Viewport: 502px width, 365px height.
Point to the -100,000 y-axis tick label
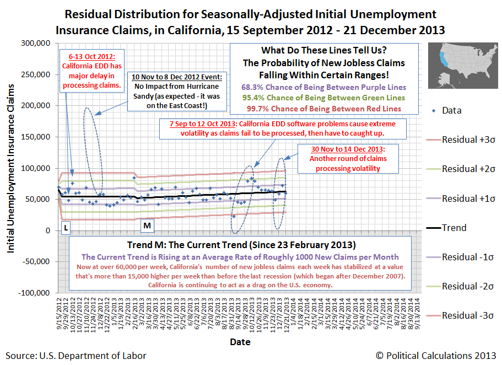coord(36,293)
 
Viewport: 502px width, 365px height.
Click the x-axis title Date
coord(240,342)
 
